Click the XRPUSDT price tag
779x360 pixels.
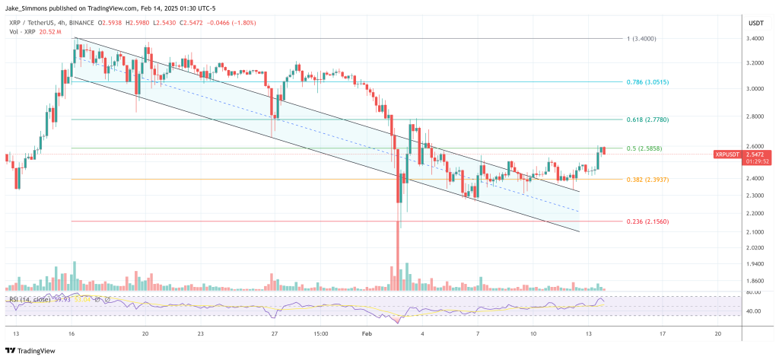coord(727,155)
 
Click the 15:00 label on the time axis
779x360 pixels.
coord(320,333)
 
